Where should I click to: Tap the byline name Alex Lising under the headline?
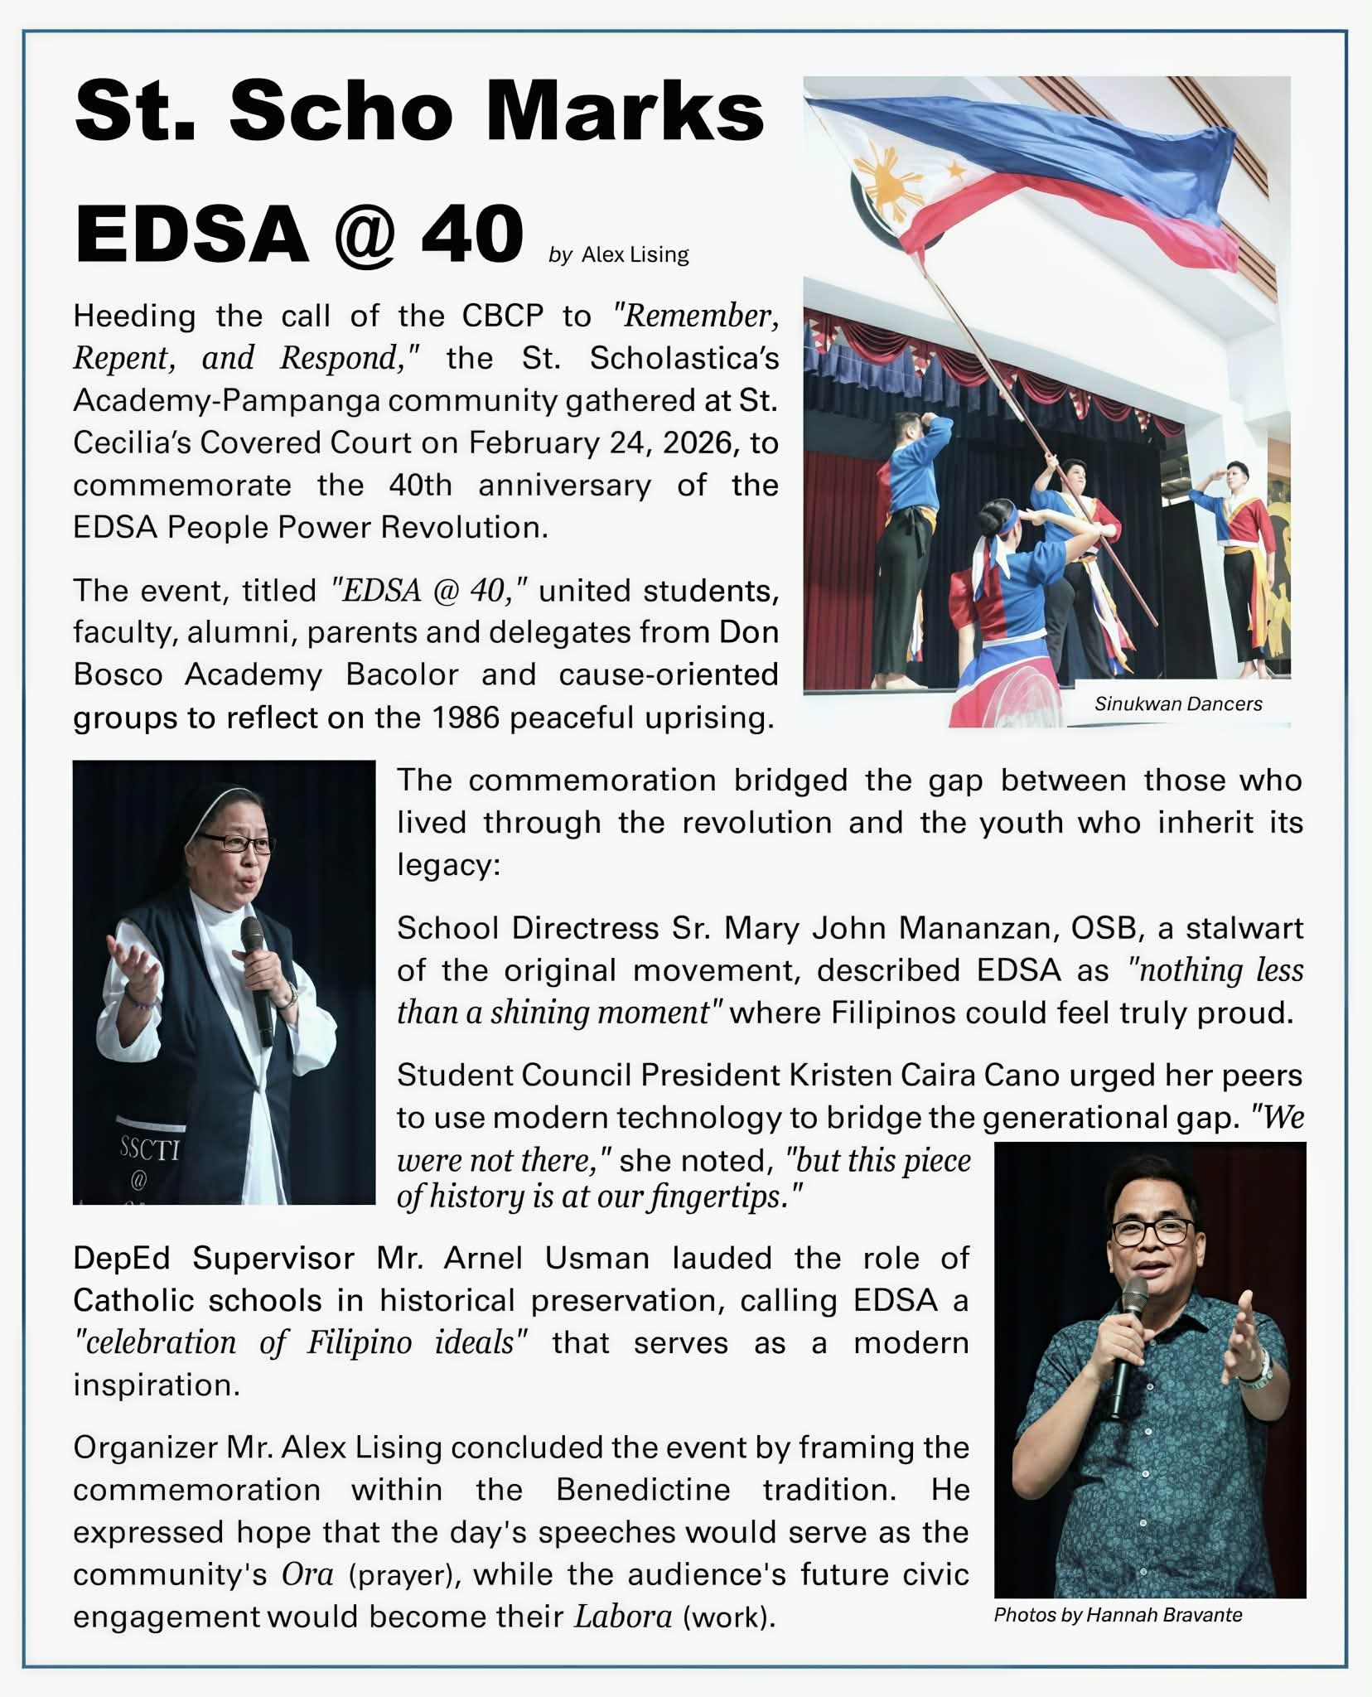[635, 254]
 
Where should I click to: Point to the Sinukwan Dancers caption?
[1177, 703]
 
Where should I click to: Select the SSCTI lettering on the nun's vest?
[149, 1149]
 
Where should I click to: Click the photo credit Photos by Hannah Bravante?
[1118, 1614]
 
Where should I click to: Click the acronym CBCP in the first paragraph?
[502, 316]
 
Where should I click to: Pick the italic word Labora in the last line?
[622, 1617]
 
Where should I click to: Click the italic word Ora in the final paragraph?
[307, 1574]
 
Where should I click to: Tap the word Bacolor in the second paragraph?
[402, 674]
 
